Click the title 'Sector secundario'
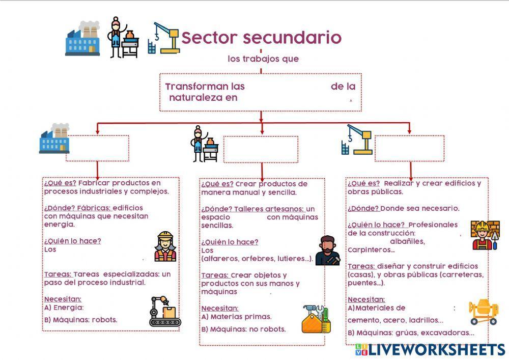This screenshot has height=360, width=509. [x=261, y=38]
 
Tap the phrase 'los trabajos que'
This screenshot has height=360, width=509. [x=263, y=59]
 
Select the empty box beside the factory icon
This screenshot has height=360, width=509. [x=97, y=148]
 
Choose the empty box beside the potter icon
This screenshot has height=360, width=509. [x=261, y=149]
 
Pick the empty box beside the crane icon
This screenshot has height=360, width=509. [x=409, y=148]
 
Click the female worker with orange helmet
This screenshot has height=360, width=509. [x=165, y=246]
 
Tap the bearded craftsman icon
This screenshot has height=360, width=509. [x=327, y=251]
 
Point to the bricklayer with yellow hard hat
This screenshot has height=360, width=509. [x=485, y=235]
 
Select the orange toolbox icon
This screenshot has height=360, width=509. [x=316, y=319]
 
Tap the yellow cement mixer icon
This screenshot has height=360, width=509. [x=484, y=311]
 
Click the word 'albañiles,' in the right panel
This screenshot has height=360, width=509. [x=407, y=241]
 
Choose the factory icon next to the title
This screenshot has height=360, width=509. [x=82, y=38]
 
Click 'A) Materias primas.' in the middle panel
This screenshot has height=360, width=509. [x=236, y=317]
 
